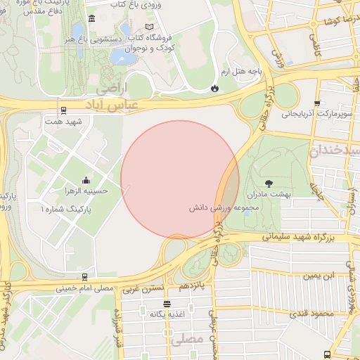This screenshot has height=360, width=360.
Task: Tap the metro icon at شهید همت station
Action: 64,110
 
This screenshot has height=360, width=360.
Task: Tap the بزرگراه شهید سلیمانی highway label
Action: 296,238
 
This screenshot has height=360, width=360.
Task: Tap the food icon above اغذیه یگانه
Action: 167,304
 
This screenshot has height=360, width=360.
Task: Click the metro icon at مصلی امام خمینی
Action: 85,277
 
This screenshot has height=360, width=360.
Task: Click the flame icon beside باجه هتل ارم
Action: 214,89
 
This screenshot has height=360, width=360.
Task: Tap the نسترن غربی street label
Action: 143,288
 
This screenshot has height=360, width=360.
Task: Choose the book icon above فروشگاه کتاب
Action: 167,26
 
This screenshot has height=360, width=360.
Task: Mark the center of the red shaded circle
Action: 180,179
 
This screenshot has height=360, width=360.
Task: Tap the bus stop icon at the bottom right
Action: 327,355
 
